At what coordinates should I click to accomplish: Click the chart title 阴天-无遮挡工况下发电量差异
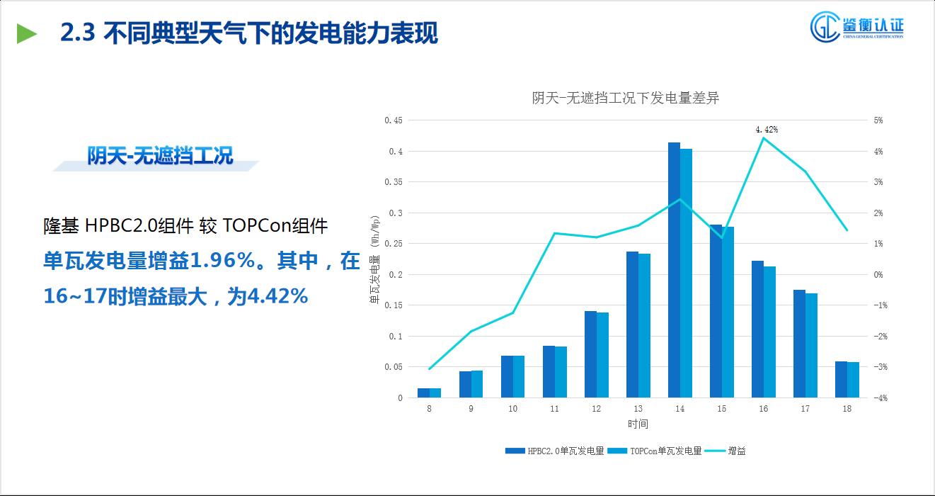(625, 98)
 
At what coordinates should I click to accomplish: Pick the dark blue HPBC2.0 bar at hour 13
(632, 325)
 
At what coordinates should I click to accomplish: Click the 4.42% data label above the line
(767, 130)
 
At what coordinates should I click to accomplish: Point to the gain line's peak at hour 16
(763, 138)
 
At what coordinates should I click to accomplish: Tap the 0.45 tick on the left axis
(394, 120)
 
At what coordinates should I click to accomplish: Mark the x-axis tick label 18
(847, 409)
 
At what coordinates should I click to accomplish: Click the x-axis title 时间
(637, 424)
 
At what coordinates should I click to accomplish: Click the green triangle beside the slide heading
(27, 33)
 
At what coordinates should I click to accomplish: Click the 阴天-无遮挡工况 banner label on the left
(160, 156)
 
